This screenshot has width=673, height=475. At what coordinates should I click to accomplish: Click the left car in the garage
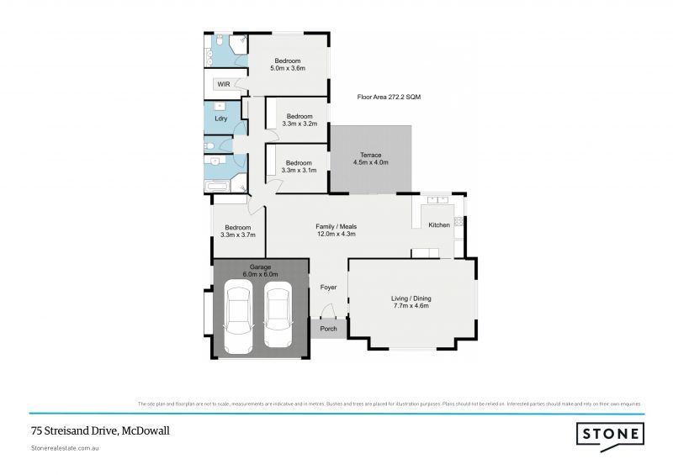pyautogui.click(x=238, y=318)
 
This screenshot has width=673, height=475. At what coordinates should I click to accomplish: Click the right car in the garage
pyautogui.click(x=278, y=318)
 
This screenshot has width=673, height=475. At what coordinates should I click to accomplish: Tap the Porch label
pyautogui.click(x=328, y=329)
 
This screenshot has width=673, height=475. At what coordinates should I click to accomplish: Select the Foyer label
pyautogui.click(x=328, y=288)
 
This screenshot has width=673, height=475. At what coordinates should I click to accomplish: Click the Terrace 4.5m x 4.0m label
pyautogui.click(x=371, y=159)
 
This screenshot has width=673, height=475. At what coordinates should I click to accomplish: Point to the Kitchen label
pyautogui.click(x=439, y=225)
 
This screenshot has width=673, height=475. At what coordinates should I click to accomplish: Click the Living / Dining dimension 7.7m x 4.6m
pyautogui.click(x=411, y=306)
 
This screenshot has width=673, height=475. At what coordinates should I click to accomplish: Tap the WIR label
pyautogui.click(x=224, y=85)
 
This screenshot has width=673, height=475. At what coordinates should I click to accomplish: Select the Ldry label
pyautogui.click(x=221, y=119)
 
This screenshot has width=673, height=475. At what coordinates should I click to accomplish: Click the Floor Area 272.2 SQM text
pyautogui.click(x=389, y=98)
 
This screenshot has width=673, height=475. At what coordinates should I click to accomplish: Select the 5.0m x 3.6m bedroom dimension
pyautogui.click(x=288, y=67)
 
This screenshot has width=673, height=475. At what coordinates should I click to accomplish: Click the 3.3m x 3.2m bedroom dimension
pyautogui.click(x=299, y=124)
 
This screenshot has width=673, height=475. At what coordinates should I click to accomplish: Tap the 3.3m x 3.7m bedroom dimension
pyautogui.click(x=237, y=235)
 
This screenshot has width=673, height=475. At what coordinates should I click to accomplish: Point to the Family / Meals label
pyautogui.click(x=336, y=230)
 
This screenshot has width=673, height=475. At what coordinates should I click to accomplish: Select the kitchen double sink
pyautogui.click(x=437, y=201)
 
